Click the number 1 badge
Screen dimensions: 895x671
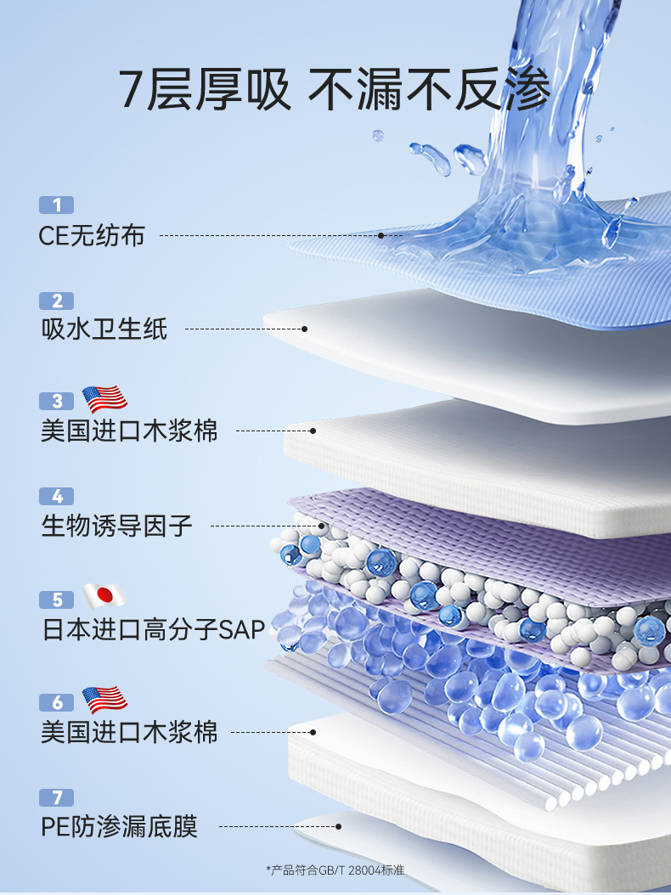pos(57,205)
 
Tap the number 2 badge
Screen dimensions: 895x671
pos(57,301)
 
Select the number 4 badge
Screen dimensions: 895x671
pos(57,496)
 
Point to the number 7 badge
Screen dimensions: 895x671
pos(57,797)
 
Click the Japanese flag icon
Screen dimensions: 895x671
pos(104,596)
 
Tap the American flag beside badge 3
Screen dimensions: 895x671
pos(104,398)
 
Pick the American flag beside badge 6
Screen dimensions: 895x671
pos(104,700)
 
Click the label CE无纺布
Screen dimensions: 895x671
pos(92,235)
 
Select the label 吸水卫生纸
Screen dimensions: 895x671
pos(104,329)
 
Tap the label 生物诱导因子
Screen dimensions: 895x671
pos(117,526)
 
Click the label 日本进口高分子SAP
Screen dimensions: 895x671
pos(154,629)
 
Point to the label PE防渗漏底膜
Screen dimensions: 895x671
pos(119,826)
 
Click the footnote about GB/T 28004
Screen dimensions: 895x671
pos(335,870)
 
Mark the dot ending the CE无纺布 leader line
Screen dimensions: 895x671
pos(381,235)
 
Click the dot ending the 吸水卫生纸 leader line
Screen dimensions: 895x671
pos(304,329)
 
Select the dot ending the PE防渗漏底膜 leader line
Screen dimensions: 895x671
pos(338,825)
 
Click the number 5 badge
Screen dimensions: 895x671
pos(57,600)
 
